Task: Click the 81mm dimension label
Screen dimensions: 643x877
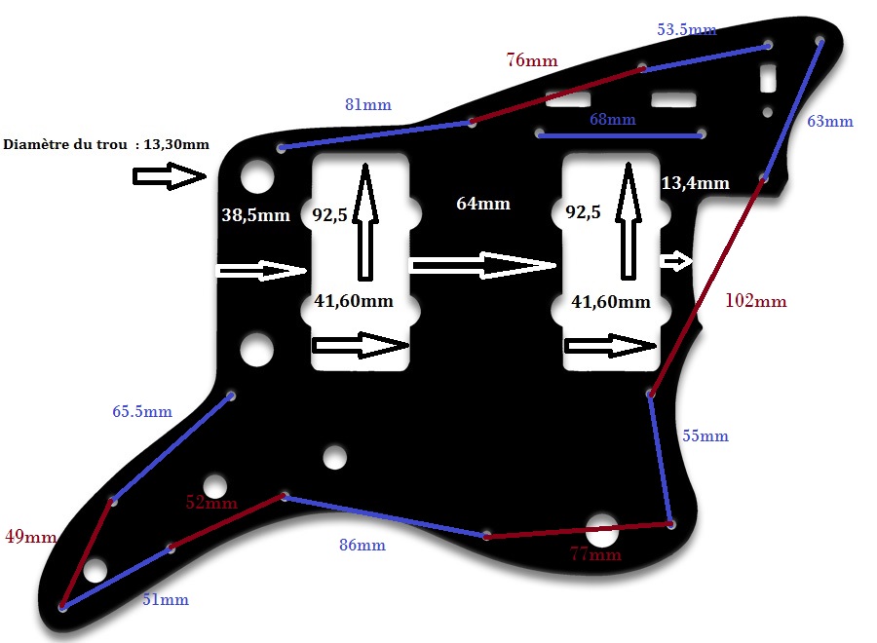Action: click(x=367, y=104)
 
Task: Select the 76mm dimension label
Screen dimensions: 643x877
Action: click(x=532, y=60)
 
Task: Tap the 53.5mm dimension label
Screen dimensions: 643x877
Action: click(x=686, y=30)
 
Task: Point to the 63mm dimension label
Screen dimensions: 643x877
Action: click(x=830, y=122)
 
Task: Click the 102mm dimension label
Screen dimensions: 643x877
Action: click(x=755, y=301)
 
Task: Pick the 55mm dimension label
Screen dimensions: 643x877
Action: click(x=705, y=436)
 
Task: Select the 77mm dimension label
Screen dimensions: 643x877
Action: click(x=594, y=555)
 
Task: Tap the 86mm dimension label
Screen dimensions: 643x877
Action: click(x=362, y=546)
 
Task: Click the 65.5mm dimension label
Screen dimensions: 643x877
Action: click(x=142, y=412)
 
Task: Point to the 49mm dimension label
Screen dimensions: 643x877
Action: click(x=29, y=537)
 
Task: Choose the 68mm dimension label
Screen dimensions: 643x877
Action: click(x=612, y=120)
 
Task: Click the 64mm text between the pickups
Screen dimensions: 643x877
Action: click(x=483, y=204)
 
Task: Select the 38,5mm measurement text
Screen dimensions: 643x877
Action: click(x=255, y=215)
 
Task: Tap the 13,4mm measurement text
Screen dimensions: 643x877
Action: click(x=695, y=183)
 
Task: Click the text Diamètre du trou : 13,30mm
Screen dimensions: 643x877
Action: click(x=106, y=145)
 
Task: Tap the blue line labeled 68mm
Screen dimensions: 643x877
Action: click(x=620, y=135)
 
